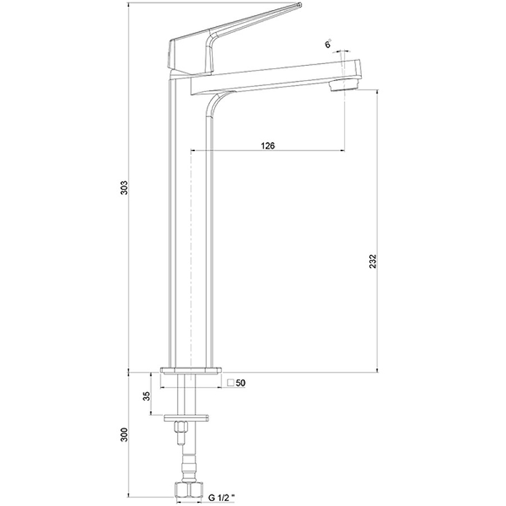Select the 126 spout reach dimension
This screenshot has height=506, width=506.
tap(268, 146)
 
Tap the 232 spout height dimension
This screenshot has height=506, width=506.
tap(373, 261)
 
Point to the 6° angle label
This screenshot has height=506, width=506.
tap(328, 44)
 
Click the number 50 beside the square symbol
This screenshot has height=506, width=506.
tap(241, 383)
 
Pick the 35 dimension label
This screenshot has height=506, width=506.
tap(147, 396)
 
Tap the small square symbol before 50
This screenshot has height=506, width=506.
tap(230, 383)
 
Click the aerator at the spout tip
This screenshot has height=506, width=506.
tap(343, 85)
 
